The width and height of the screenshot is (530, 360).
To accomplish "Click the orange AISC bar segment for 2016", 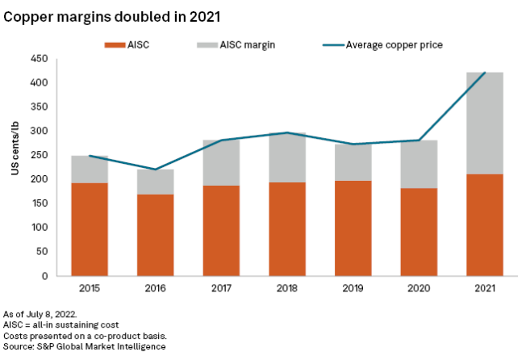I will coord(155,235).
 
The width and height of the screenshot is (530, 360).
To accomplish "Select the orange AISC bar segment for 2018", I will coord(287,228).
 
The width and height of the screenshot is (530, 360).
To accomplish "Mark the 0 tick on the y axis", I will coord(42,276).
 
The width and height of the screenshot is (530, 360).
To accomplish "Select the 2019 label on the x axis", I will coord(353,289).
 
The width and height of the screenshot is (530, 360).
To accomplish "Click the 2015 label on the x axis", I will coord(89,289).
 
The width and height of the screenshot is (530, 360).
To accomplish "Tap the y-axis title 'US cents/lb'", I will coord(14,151).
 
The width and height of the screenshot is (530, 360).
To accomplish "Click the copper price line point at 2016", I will coord(155,170).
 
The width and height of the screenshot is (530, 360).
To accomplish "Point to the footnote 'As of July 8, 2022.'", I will coord(42,313).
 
